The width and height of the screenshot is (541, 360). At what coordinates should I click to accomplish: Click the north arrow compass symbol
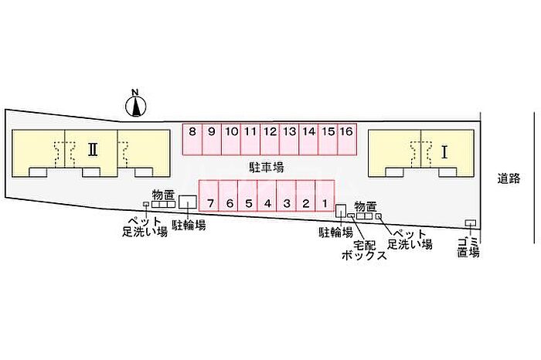click(135, 104)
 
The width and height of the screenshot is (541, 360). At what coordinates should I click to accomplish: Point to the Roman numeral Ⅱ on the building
click(91, 149)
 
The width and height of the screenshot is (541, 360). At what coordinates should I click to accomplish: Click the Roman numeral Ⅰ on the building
click(444, 152)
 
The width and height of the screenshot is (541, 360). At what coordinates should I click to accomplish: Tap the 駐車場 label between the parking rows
click(267, 167)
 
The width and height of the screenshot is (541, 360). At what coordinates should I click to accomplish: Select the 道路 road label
click(509, 179)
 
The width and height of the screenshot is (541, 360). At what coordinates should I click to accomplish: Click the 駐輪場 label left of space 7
click(189, 225)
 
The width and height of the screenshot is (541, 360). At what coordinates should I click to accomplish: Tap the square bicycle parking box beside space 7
click(187, 202)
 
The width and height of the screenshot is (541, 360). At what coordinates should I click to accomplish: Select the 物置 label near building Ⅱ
click(163, 194)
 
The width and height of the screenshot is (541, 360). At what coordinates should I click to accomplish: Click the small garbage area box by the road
click(469, 223)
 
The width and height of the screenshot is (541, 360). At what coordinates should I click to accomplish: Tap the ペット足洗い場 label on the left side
click(146, 226)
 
